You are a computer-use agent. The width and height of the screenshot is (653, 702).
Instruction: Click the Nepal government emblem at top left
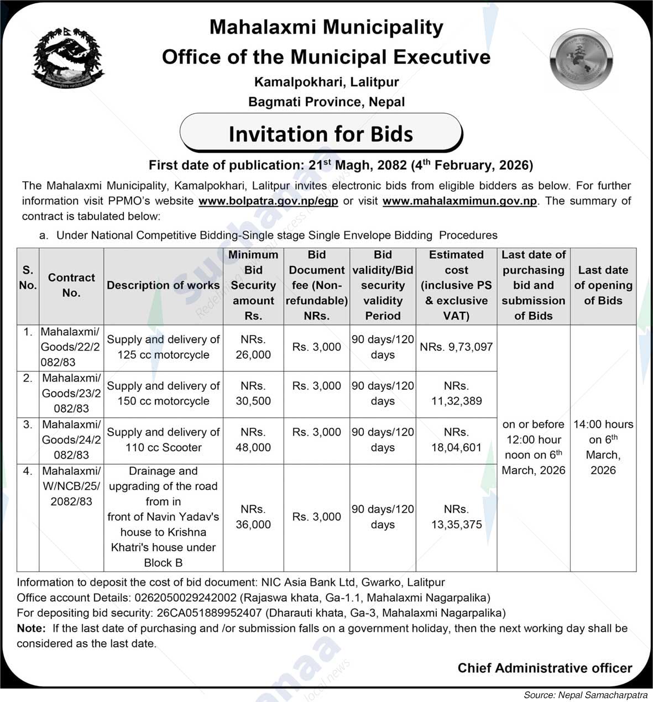tap(68, 58)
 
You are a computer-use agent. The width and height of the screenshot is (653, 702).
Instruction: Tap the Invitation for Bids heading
tap(321, 134)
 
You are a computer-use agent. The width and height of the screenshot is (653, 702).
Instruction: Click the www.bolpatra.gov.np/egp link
tap(268, 201)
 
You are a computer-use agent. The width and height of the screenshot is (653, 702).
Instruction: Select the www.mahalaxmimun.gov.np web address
tap(459, 201)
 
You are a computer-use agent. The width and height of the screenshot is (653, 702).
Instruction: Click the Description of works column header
tap(163, 285)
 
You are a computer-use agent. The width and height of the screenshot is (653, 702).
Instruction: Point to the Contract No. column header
tap(71, 285)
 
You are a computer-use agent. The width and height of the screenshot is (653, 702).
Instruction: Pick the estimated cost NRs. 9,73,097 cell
tap(456, 347)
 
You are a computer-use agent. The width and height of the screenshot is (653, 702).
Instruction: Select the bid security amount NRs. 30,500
tap(253, 394)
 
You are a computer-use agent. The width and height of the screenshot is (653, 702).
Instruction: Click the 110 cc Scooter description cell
tap(163, 440)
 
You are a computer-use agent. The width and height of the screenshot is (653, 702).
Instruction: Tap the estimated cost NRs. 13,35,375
tap(456, 517)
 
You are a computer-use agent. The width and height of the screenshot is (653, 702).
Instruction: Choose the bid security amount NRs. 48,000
tap(253, 440)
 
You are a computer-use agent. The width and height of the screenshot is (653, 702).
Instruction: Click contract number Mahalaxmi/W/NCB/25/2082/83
tap(71, 486)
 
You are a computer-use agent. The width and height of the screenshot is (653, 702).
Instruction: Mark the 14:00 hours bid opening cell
tap(603, 447)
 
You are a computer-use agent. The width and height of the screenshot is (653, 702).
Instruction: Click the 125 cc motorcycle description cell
tap(163, 347)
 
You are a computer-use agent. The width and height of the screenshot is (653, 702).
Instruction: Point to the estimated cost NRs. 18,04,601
tap(456, 440)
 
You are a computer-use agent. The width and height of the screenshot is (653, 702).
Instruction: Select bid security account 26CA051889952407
tap(209, 613)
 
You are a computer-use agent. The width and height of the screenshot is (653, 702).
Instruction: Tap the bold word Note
tap(30, 628)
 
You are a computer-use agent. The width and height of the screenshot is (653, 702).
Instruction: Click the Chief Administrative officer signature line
tap(545, 668)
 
